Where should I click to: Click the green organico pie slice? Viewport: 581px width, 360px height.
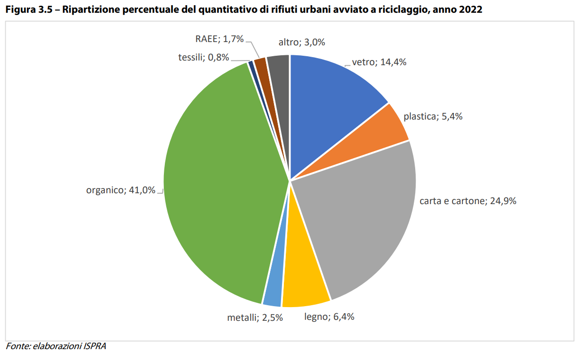217,189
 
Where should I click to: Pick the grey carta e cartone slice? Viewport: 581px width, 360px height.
364,222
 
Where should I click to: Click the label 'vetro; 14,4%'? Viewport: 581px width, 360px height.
379,62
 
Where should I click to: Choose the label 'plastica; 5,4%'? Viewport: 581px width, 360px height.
433,116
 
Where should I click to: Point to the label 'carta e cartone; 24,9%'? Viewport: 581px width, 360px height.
468,201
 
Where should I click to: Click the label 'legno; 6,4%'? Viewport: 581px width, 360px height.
329,317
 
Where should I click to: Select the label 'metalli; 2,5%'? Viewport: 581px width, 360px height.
255,317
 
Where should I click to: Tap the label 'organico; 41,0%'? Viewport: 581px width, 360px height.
121,190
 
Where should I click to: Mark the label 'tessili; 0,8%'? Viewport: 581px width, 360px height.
204,58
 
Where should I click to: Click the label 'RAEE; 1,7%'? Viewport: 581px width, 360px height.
220,39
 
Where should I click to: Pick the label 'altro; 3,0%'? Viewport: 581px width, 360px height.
301,43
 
